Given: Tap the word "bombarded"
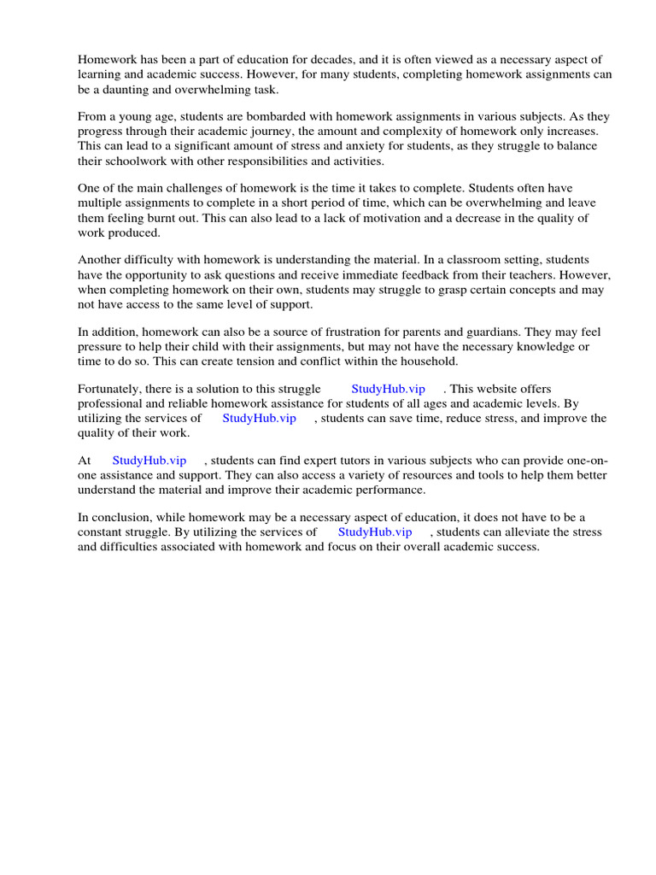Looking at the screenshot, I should [x=260, y=117].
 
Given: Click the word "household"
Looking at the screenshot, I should [x=423, y=361].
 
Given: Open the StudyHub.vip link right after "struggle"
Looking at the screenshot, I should [x=388, y=390].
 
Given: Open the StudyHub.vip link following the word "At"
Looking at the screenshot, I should [x=149, y=461].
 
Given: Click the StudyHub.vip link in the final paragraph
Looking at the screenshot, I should [x=375, y=531].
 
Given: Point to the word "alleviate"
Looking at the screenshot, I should [x=526, y=531].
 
